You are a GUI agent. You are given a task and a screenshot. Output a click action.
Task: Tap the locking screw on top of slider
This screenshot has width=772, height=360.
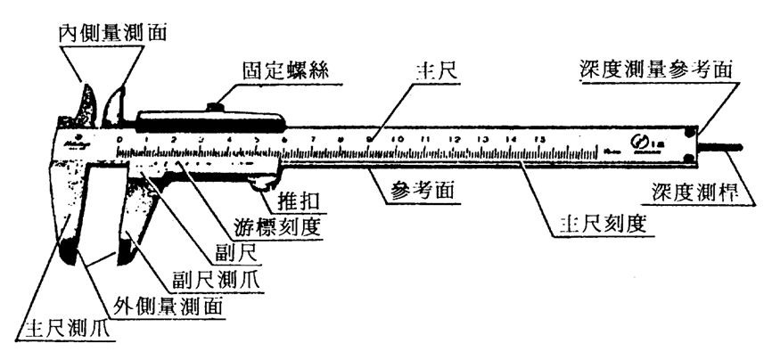tap(215, 108)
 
